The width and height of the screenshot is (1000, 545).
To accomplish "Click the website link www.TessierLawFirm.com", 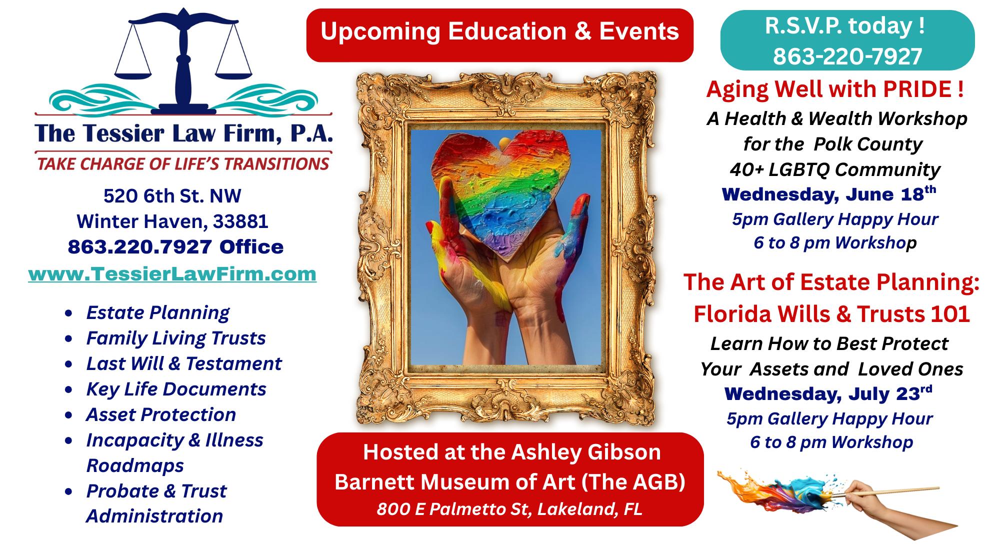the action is [172, 274].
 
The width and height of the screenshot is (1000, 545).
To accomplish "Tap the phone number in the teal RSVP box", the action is [847, 56].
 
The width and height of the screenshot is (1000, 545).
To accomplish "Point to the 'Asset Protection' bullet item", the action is [161, 414].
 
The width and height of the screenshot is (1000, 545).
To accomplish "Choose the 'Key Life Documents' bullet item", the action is [176, 389].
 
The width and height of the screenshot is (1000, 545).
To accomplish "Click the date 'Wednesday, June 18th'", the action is [829, 194].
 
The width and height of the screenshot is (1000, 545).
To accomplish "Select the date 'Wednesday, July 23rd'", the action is [828, 393].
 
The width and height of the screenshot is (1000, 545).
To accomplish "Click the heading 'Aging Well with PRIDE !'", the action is [835, 89].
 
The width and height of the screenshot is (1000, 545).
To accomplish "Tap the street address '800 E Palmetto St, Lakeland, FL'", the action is [509, 508].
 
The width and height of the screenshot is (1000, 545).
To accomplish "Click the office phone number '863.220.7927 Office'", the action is [175, 246].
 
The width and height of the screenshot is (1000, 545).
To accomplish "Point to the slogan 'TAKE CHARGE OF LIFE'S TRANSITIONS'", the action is [183, 163].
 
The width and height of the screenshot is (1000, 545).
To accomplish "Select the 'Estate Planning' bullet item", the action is [157, 313].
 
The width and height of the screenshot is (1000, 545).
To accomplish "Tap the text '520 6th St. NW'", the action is [172, 196].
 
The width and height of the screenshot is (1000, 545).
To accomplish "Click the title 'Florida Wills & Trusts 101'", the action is [831, 313].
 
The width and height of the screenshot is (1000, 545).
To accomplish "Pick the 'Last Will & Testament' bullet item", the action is [184, 363].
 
